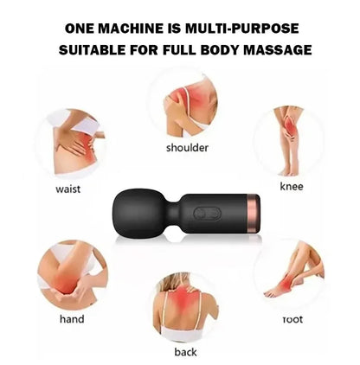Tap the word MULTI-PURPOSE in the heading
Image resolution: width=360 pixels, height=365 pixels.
pyautogui.click(x=242, y=29)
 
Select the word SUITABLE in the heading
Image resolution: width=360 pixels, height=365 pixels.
pyautogui.click(x=93, y=50)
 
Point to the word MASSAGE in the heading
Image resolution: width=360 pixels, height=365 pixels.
pyautogui.click(x=278, y=50)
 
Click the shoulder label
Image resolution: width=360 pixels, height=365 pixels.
pyautogui.click(x=187, y=148)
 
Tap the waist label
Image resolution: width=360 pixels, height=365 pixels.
pyautogui.click(x=68, y=189)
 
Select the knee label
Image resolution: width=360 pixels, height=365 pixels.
pyautogui.click(x=292, y=186)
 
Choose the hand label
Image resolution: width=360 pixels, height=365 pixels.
pyautogui.click(x=72, y=319)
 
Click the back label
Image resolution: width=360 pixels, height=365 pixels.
pyautogui.click(x=185, y=352)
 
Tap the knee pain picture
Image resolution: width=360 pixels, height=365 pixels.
pyautogui.click(x=289, y=141)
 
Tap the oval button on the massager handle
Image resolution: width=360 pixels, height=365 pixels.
pyautogui.click(x=208, y=214)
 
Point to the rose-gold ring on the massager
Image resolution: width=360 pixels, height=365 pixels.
pyautogui.click(x=254, y=214)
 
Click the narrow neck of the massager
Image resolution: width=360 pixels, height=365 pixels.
pyautogui.click(x=173, y=214)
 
